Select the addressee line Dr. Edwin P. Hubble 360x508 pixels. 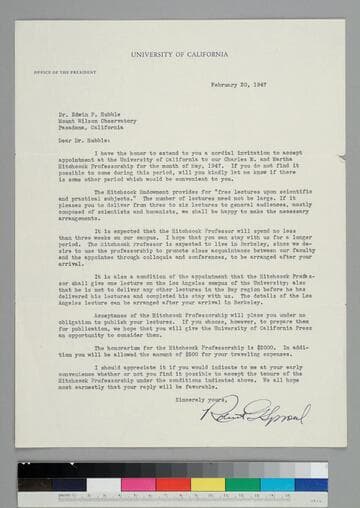point(95,101)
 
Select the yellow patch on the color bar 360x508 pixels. point(208,484)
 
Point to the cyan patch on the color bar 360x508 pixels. point(276,484)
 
